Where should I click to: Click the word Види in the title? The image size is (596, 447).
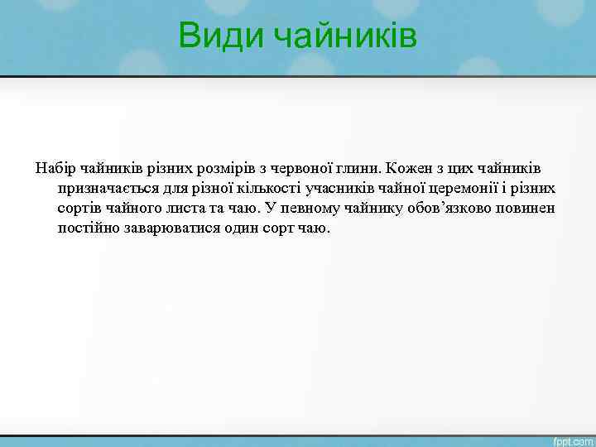point(221,36)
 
